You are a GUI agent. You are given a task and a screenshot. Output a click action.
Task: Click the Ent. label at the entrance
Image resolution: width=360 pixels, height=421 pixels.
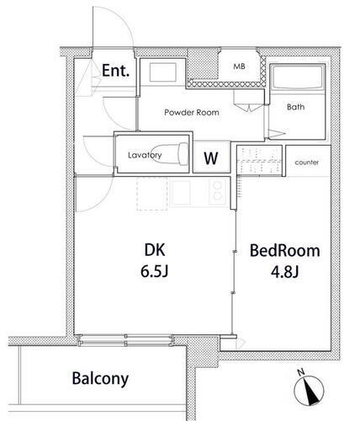(x=115, y=72)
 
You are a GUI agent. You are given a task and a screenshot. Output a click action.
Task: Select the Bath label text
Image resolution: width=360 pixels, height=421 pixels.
(x=295, y=107)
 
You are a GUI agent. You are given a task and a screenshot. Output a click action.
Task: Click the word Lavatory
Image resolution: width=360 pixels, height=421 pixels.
(x=144, y=155)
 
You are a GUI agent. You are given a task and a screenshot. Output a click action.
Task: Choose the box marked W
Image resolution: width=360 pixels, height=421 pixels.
(x=212, y=158)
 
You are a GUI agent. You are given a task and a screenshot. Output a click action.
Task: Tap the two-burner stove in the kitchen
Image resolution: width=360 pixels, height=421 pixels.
(x=215, y=191)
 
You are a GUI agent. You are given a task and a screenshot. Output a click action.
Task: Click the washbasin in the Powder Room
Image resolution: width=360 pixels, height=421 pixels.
(x=159, y=73)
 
